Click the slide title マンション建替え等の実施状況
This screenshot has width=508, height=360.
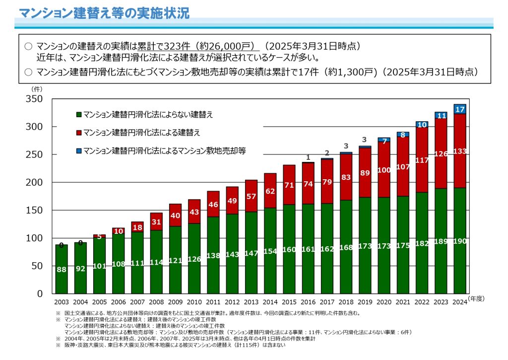pos(104,12)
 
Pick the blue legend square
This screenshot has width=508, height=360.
pos(78,150)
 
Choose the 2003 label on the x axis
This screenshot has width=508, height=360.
pos(62,301)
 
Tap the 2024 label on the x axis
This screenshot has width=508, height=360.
pos(460,301)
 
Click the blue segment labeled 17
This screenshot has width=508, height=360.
pos(460,109)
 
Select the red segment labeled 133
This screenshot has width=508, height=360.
pos(460,151)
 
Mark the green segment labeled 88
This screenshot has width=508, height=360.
pos(62,270)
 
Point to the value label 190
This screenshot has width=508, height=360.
pos(460,241)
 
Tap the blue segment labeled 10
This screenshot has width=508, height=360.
pos(422,125)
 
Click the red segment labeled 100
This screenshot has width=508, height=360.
pos(384,170)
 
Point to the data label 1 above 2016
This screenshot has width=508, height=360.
pos(308,157)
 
